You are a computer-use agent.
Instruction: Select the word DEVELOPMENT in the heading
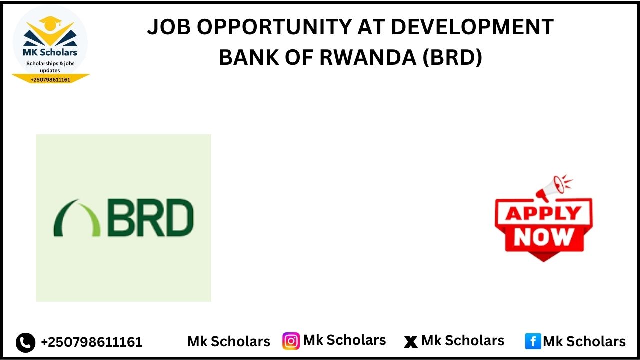click(472, 27)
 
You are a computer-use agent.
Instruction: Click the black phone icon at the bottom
click(25, 342)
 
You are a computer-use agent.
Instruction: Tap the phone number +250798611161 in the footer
click(91, 342)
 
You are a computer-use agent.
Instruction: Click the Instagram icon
click(291, 341)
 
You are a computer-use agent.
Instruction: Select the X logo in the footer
click(410, 342)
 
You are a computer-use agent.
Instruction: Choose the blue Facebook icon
click(533, 342)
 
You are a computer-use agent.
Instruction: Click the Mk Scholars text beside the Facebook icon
click(584, 342)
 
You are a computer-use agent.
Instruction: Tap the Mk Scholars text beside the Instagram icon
click(344, 340)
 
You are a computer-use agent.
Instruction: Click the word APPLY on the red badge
click(543, 214)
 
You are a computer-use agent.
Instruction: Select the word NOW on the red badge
click(544, 236)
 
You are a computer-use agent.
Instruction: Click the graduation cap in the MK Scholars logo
click(49, 23)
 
